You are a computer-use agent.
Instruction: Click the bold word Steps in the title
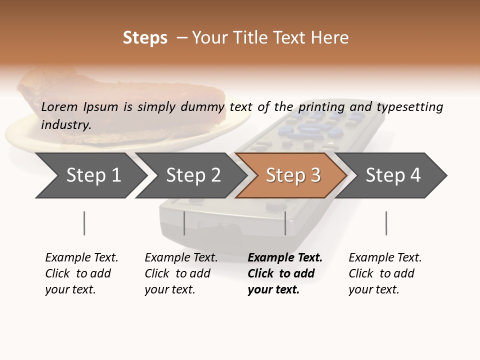pyautogui.click(x=145, y=38)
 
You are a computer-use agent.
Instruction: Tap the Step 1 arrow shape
pyautogui.click(x=90, y=175)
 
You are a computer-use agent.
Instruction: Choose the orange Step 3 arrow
pyautogui.click(x=292, y=175)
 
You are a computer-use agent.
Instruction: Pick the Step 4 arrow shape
pyautogui.click(x=392, y=175)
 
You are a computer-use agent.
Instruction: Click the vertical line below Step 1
pyautogui.click(x=84, y=223)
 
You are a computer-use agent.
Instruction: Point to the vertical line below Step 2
pyautogui.click(x=184, y=223)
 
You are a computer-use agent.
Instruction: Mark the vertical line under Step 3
pyautogui.click(x=285, y=223)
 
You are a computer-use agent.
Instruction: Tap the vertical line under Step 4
pyautogui.click(x=386, y=223)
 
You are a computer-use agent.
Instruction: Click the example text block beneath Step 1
pyautogui.click(x=81, y=273)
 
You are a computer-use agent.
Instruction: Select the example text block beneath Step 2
pyautogui.click(x=181, y=273)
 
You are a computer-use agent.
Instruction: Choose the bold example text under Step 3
pyautogui.click(x=284, y=273)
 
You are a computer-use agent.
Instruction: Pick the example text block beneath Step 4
pyautogui.click(x=385, y=273)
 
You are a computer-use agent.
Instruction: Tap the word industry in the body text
pyautogui.click(x=66, y=124)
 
